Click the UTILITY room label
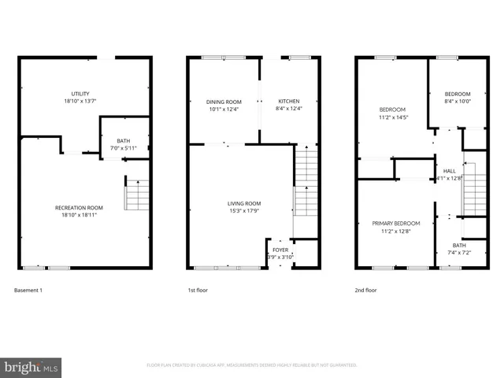pos(80,94)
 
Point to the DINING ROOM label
pos(224,102)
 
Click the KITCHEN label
pos(288,102)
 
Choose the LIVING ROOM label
pos(244,203)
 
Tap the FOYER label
pos(280,250)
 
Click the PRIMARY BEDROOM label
pos(396,224)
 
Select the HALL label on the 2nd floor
pos(450,171)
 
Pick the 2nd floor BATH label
pos(459,246)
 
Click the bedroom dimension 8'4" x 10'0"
pos(458,101)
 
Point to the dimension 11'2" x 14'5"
pos(392,117)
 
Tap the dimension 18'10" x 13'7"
pos(80,101)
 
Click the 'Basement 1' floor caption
pos(28,291)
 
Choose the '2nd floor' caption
pos(366,291)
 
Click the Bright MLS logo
pos(31,366)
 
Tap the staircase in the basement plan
pos(138,195)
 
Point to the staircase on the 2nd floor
pos(474,189)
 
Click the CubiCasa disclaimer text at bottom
pos(252,365)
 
